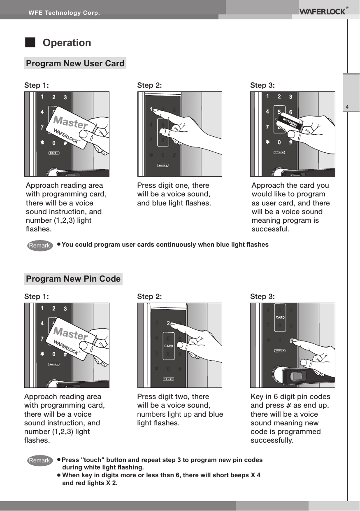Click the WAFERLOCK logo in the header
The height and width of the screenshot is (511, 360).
pyautogui.click(x=322, y=11)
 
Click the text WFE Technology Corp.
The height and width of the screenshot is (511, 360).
pyautogui.click(x=64, y=13)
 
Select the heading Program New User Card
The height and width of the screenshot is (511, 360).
pyautogui.click(x=75, y=63)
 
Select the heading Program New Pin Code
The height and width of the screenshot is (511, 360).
pyautogui.click(x=73, y=279)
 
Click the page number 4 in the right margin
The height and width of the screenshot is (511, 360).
pyautogui.click(x=347, y=108)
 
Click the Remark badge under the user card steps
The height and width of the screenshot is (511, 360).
pyautogui.click(x=39, y=246)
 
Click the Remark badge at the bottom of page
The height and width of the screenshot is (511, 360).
pyautogui.click(x=39, y=461)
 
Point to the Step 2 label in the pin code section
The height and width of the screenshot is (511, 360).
pyautogui.click(x=149, y=296)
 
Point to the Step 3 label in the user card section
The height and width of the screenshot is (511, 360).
pyautogui.click(x=262, y=85)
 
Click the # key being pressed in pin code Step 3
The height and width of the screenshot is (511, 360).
pyautogui.click(x=291, y=341)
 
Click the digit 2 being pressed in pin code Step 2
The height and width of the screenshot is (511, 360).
pyautogui.click(x=168, y=323)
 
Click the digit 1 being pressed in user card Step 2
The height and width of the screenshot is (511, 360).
pyautogui.click(x=152, y=110)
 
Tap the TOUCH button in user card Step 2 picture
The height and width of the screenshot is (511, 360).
pyautogui.click(x=163, y=166)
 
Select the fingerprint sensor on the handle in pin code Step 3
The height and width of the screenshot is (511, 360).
pyautogui.click(x=296, y=376)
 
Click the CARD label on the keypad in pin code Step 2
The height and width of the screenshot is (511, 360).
pyautogui.click(x=169, y=346)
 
